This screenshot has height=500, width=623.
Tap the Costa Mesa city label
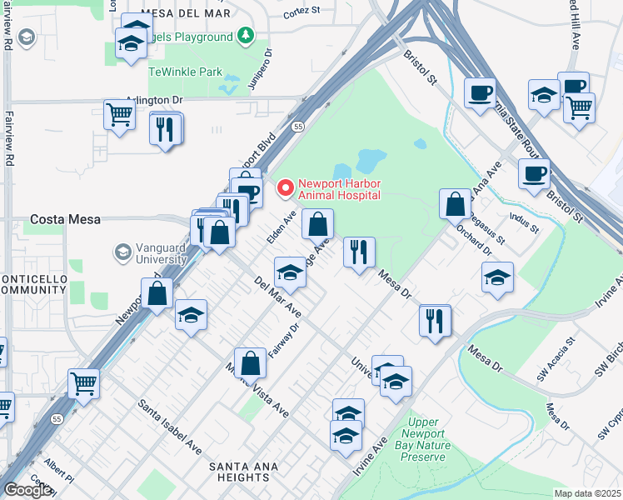pyautogui.click(x=65, y=220)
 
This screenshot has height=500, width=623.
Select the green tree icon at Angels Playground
pyautogui.click(x=245, y=35)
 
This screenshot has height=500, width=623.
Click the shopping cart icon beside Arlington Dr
pyautogui.click(x=120, y=115)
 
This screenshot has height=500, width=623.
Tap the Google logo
pyautogui.click(x=27, y=490)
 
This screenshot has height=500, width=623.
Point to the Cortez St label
pyautogui.click(x=301, y=12)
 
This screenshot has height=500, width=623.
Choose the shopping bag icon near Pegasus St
pyautogui.click(x=456, y=204)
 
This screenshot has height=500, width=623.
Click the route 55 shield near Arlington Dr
pyautogui.click(x=297, y=126)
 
